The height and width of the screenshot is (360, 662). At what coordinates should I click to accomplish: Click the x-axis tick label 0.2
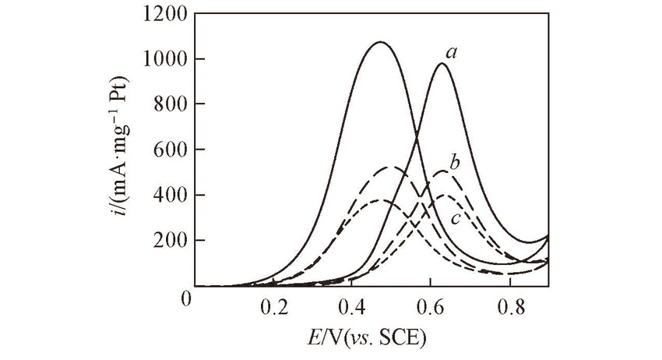pyautogui.click(x=274, y=306)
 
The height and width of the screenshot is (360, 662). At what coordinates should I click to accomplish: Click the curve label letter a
pyautogui.click(x=450, y=51)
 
